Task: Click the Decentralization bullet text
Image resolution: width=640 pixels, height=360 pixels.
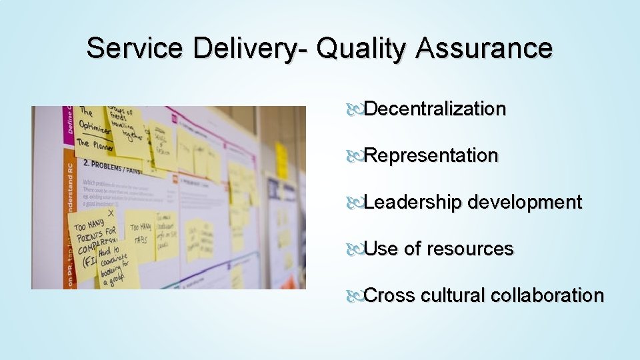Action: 435,109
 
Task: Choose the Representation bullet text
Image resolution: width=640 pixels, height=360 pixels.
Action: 431,155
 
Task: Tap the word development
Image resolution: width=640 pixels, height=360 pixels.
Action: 525,202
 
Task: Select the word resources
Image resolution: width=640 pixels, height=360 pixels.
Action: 470,249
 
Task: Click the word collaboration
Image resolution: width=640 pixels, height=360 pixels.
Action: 547,295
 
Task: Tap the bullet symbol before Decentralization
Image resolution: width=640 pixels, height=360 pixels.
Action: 355,109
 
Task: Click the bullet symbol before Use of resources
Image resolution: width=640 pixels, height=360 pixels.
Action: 355,249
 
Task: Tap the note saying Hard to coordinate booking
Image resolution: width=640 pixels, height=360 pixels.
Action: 117,264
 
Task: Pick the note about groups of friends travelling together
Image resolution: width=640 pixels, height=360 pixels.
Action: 127,127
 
